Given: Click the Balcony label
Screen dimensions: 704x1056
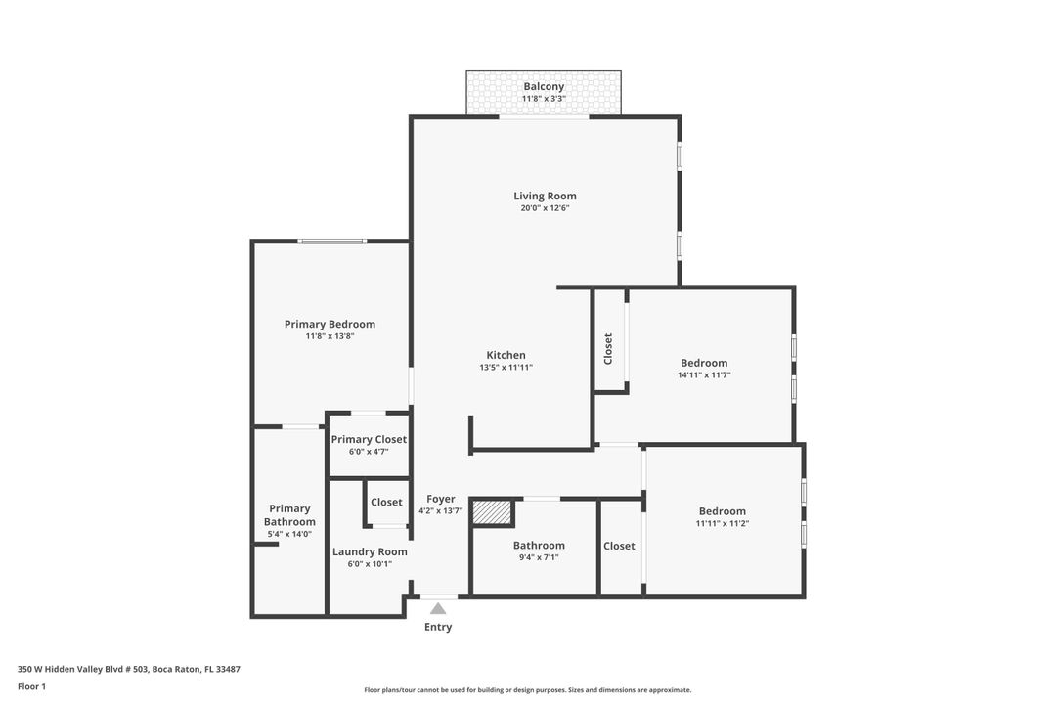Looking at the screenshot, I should [544, 86].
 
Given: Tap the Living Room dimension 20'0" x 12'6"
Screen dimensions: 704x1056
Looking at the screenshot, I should [545, 208].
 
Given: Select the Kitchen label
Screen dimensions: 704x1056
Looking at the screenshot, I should [506, 355].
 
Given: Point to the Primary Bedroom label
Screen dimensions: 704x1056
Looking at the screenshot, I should [330, 324].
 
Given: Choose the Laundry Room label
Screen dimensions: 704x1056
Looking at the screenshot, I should [370, 551].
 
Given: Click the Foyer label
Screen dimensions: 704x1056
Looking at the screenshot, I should [441, 499].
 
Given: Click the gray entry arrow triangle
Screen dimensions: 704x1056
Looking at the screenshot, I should [438, 609].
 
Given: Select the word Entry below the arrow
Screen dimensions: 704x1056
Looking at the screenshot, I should [438, 627].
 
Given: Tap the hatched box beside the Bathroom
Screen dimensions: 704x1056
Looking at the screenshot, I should [493, 512].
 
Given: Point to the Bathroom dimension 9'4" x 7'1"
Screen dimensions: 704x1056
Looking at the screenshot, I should [539, 558].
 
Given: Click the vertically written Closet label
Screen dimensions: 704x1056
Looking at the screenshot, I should [608, 349].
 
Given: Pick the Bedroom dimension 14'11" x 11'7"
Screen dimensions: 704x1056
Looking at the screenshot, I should [704, 375].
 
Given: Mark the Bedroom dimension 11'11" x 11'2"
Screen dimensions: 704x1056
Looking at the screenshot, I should [723, 524].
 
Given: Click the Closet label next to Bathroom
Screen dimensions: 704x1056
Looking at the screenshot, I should [619, 546].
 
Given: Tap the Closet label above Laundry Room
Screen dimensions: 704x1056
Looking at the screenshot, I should [386, 502].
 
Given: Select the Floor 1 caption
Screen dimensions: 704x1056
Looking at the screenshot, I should [31, 686].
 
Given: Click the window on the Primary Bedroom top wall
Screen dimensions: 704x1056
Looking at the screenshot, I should [332, 241].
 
